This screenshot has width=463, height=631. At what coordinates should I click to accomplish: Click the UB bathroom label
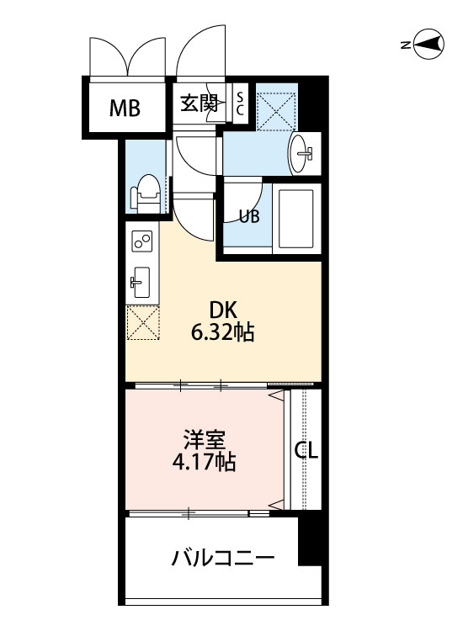(248, 215)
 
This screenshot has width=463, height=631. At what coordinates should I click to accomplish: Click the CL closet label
(306, 451)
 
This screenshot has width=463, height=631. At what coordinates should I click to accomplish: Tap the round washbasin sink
(301, 154)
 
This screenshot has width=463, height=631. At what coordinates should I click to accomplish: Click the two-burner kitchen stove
(141, 243)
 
